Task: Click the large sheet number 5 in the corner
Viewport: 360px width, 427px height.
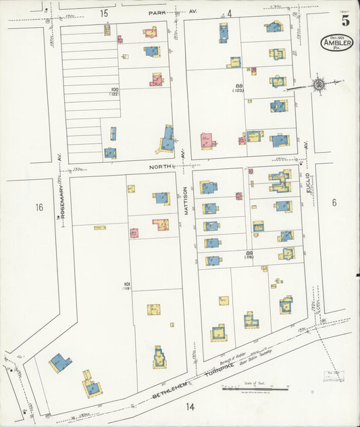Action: click(x=345, y=20)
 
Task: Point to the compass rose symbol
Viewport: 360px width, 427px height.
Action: click(x=317, y=84)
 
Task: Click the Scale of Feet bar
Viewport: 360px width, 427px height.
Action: click(x=255, y=388)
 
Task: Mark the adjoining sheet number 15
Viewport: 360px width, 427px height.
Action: click(x=103, y=13)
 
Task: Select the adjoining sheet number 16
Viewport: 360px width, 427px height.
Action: click(x=39, y=207)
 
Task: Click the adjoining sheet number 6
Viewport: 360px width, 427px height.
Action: click(x=334, y=202)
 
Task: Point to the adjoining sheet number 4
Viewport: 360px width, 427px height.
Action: click(x=229, y=13)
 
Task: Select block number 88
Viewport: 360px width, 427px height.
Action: click(x=239, y=85)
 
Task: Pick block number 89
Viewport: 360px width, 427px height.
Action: click(x=249, y=253)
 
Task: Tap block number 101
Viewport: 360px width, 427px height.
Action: click(x=126, y=284)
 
